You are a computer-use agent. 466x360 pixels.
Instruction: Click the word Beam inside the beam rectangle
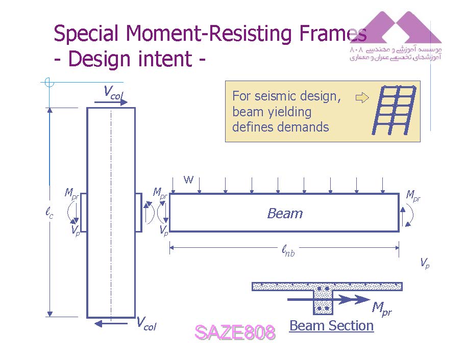(x=285, y=214)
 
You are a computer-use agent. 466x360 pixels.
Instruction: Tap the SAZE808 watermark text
(x=235, y=332)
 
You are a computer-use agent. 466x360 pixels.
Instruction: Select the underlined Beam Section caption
(x=331, y=326)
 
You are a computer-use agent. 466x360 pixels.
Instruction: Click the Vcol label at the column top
(x=113, y=92)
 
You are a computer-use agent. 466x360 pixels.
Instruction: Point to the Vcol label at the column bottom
(x=146, y=323)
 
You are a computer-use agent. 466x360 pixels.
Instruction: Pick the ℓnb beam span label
(x=288, y=250)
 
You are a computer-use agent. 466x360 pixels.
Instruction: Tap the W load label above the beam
(x=189, y=179)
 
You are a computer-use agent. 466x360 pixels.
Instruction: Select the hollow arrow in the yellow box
(x=361, y=97)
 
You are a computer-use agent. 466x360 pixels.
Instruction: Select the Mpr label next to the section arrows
(x=381, y=308)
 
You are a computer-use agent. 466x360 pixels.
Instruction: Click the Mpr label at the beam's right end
(x=413, y=195)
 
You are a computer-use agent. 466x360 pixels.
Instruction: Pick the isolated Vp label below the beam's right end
(x=424, y=263)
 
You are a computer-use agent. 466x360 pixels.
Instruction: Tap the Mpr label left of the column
(x=71, y=193)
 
